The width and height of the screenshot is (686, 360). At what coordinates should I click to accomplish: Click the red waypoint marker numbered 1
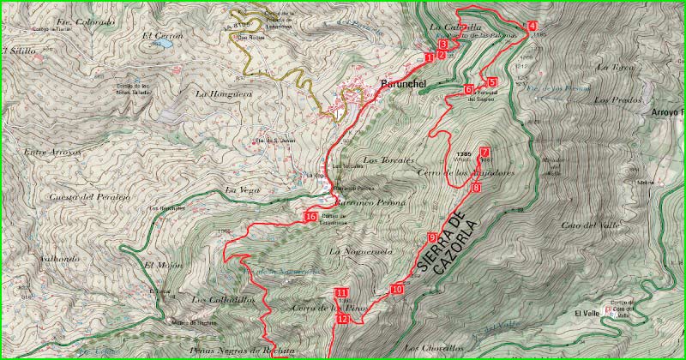(x=428, y=57)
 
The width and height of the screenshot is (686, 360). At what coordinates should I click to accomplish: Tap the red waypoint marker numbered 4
(x=533, y=26)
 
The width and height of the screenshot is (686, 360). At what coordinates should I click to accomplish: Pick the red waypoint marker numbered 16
(x=310, y=217)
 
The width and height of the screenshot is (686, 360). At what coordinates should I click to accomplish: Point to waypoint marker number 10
(x=396, y=289)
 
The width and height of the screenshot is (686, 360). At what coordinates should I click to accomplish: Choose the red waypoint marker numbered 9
(x=432, y=237)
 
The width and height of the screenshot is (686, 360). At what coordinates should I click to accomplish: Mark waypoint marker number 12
(x=342, y=319)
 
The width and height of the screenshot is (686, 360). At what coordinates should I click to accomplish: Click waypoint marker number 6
(x=469, y=89)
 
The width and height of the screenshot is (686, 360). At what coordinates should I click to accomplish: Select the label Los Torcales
(x=388, y=160)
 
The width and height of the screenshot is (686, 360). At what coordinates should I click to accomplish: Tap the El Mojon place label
(x=159, y=265)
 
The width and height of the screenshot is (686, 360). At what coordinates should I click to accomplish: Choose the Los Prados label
(x=611, y=100)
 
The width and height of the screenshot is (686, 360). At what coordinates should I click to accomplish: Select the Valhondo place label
(x=60, y=257)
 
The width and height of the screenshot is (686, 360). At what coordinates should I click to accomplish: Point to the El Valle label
(x=587, y=314)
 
